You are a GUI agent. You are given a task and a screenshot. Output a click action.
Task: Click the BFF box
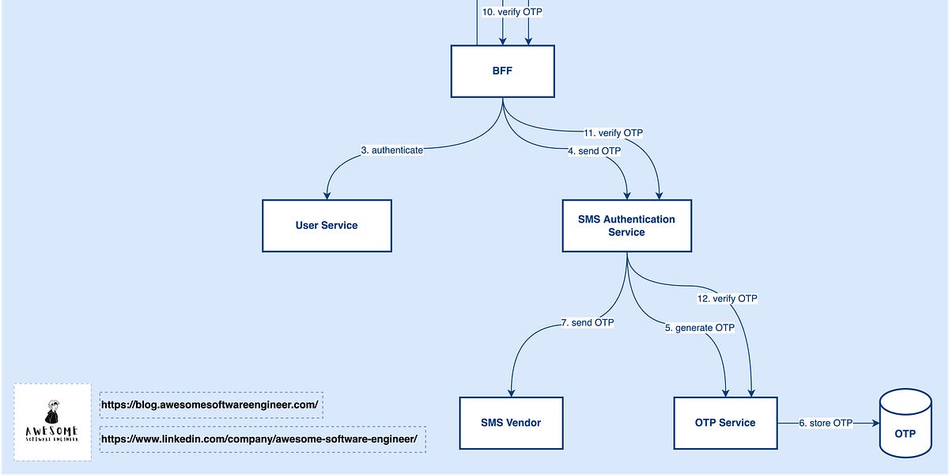click(x=503, y=70)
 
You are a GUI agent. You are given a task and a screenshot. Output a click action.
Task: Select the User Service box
click(x=327, y=226)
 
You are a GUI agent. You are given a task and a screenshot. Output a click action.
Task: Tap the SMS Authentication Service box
click(x=626, y=226)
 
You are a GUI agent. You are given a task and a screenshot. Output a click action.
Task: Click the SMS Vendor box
click(x=511, y=423)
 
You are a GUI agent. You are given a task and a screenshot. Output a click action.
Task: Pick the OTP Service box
click(x=725, y=423)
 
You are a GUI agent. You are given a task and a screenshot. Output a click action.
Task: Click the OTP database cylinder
click(x=905, y=424)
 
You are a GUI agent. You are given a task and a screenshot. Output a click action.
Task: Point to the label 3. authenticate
click(x=391, y=149)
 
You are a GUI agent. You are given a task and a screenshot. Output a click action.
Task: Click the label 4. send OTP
click(x=594, y=150)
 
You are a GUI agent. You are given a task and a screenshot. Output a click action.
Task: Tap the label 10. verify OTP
click(x=513, y=13)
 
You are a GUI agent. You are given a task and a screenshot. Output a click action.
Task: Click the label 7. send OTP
click(x=587, y=322)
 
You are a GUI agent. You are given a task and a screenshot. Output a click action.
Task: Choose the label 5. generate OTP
click(x=699, y=327)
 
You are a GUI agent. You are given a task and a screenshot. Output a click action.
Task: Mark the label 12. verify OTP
click(x=728, y=298)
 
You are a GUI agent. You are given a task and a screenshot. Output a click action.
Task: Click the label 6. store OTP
click(x=826, y=424)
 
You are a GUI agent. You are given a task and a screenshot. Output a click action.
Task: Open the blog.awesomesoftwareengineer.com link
click(x=210, y=405)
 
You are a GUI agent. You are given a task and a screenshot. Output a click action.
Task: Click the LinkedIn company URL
click(x=262, y=439)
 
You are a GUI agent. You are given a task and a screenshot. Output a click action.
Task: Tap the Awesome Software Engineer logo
click(x=52, y=422)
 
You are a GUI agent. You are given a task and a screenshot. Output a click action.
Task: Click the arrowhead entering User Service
click(x=326, y=195)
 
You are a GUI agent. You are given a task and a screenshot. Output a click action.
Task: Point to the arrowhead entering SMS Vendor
click(x=512, y=392)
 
